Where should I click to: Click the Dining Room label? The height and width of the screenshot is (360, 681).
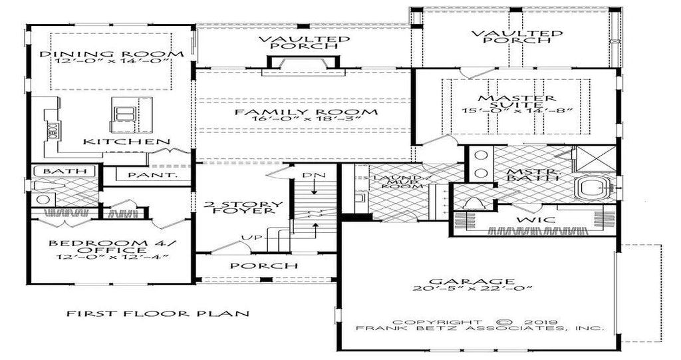(x=112, y=54)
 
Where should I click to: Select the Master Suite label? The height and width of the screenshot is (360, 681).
(x=516, y=102)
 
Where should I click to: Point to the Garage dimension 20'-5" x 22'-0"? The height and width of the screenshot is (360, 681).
(x=472, y=288)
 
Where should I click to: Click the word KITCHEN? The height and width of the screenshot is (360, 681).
(x=126, y=142)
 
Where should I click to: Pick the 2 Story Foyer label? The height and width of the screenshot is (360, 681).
(x=243, y=208)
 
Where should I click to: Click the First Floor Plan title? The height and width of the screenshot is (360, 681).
(x=157, y=313)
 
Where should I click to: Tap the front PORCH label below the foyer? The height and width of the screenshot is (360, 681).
(x=263, y=266)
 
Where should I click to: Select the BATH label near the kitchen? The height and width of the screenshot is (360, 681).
(x=65, y=170)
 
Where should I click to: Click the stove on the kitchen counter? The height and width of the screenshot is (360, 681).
(x=52, y=130)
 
